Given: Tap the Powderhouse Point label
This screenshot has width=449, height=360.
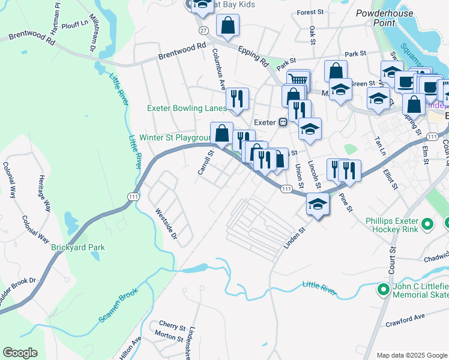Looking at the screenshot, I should [x=384, y=17].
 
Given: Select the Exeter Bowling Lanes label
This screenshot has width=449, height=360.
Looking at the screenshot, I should [x=187, y=109].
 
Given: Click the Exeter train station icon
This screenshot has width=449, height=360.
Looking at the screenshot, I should [x=283, y=122].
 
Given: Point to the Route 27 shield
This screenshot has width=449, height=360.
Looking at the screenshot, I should [x=204, y=30].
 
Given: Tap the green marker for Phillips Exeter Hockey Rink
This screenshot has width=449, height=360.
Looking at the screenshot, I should [x=427, y=225].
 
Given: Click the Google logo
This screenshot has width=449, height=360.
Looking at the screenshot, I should [x=19, y=353].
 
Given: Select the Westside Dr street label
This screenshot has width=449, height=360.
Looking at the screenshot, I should [x=166, y=223].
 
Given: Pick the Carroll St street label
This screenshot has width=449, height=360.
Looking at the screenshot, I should [x=206, y=163].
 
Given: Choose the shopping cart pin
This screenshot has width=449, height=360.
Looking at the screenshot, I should [x=298, y=79].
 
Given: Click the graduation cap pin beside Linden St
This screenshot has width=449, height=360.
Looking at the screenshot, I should [x=318, y=203].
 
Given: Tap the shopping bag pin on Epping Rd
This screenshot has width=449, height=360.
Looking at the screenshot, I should [x=228, y=25].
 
